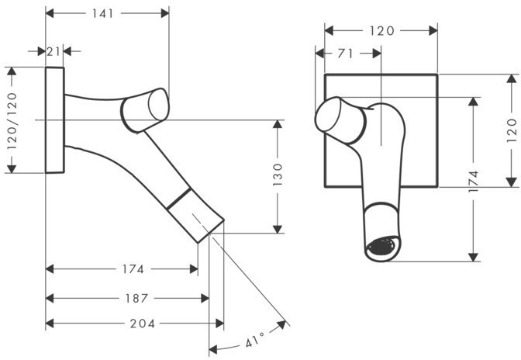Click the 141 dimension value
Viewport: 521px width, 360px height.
pyautogui.click(x=102, y=13)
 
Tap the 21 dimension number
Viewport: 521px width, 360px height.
pyautogui.click(x=53, y=51)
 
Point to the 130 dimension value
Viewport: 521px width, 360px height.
pyautogui.click(x=278, y=175)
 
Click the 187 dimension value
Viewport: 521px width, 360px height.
pyautogui.click(x=136, y=298)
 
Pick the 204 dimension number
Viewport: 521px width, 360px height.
pyautogui.click(x=143, y=323)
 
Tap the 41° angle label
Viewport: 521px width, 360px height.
pyautogui.click(x=255, y=340)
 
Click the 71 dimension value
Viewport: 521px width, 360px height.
pyautogui.click(x=345, y=54)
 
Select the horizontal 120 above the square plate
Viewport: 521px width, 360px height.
pyautogui.click(x=381, y=31)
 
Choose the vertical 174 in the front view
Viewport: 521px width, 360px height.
pyautogui.click(x=473, y=182)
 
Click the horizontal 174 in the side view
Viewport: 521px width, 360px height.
pyautogui.click(x=133, y=269)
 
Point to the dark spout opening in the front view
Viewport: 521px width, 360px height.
pyautogui.click(x=381, y=247)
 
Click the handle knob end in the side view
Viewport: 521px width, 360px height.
pyautogui.click(x=158, y=105)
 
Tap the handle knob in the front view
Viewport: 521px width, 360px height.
pyautogui.click(x=340, y=119)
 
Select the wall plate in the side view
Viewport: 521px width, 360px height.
pyautogui.click(x=54, y=120)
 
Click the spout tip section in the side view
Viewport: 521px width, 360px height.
pyautogui.click(x=195, y=216)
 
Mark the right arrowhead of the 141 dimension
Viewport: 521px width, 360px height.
pyautogui.click(x=165, y=13)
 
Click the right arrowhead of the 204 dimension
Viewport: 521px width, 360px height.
pyautogui.click(x=220, y=323)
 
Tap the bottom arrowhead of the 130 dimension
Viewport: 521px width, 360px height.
pyautogui.click(x=278, y=230)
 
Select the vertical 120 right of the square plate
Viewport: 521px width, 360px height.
pyautogui.click(x=512, y=130)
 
